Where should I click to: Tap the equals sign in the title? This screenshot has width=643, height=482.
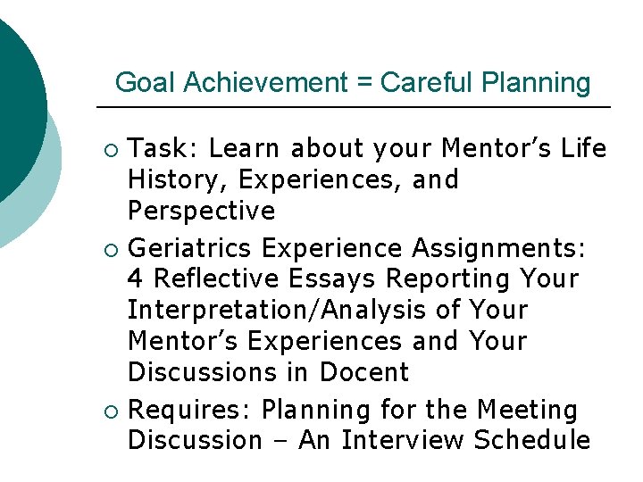tap(364, 83)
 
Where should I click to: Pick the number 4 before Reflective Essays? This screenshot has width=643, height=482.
tap(136, 279)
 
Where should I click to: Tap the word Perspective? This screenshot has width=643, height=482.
tap(201, 211)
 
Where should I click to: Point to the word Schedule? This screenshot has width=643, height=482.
tap(532, 440)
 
